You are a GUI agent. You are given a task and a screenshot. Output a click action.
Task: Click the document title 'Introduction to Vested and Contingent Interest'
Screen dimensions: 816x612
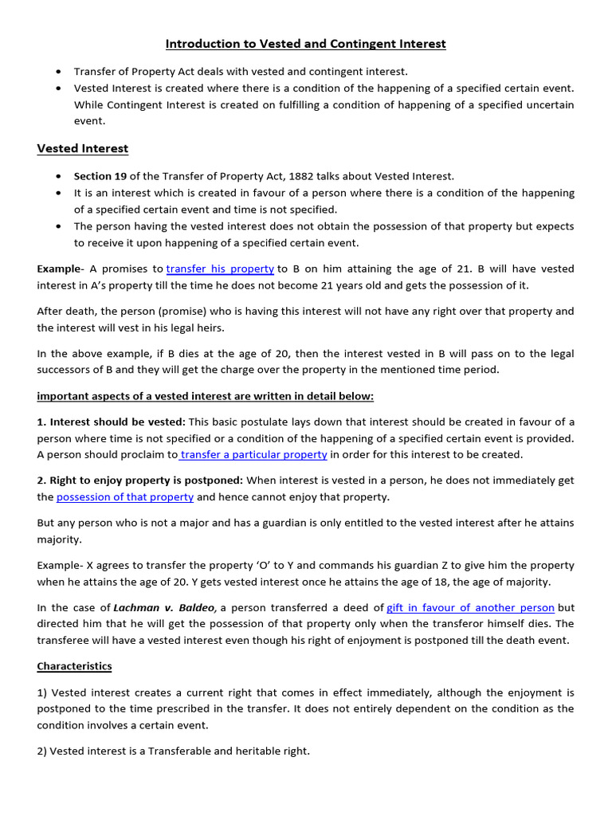click(305, 44)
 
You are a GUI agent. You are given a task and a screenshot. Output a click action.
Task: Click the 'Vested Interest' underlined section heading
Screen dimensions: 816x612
click(82, 148)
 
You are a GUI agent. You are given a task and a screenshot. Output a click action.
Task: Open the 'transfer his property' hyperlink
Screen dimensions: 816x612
click(220, 269)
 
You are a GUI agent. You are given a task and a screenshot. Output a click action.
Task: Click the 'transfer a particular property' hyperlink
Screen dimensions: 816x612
click(253, 454)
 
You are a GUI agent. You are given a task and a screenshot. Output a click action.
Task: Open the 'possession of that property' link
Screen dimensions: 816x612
click(125, 496)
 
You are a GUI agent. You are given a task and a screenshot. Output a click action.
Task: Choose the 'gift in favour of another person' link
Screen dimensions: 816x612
click(470, 607)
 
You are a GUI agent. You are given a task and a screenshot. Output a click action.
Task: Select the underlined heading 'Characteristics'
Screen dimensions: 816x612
click(74, 665)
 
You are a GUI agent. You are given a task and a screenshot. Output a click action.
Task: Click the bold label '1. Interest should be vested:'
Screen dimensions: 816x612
click(111, 422)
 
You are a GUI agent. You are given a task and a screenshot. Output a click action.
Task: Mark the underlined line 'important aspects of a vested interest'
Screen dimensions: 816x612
click(205, 396)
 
